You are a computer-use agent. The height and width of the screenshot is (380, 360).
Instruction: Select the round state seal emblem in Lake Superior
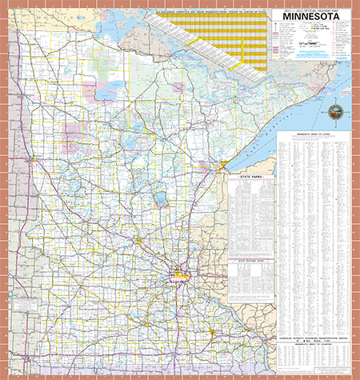[334, 111]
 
